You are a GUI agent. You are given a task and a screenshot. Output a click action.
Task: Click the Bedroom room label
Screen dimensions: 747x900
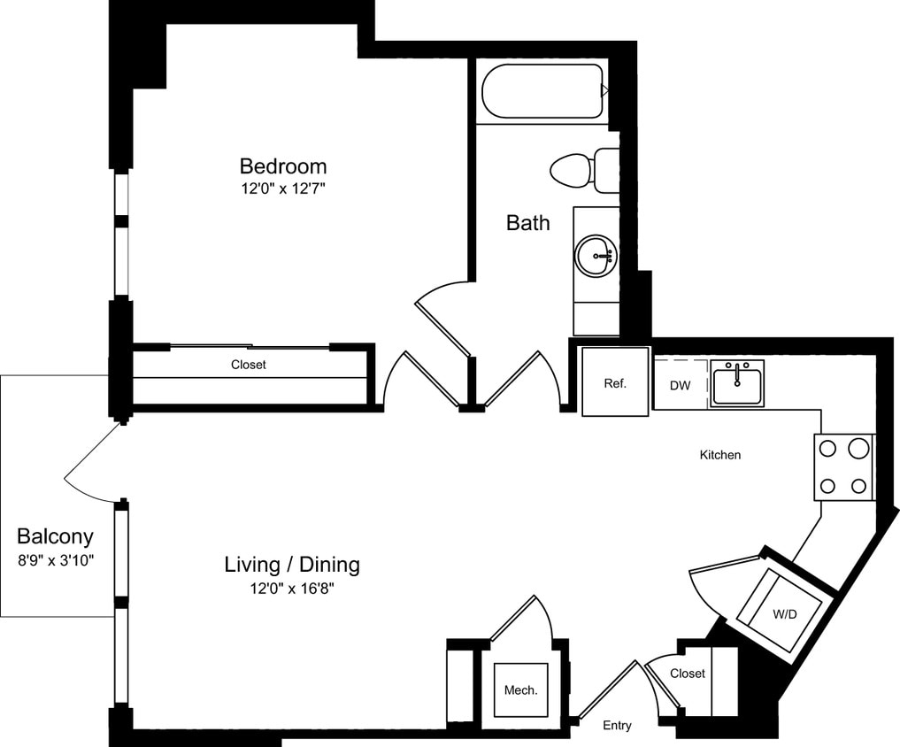(x=283, y=166)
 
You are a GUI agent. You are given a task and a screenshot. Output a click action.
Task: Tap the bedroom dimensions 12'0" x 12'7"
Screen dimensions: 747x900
(x=283, y=189)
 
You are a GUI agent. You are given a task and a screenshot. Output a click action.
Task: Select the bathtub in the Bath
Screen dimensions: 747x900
(x=542, y=91)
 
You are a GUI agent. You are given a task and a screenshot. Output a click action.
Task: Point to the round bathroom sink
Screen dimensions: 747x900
(x=596, y=257)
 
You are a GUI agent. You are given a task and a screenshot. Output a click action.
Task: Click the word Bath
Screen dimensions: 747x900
(x=527, y=223)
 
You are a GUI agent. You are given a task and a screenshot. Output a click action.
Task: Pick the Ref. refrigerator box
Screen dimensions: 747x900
(x=615, y=383)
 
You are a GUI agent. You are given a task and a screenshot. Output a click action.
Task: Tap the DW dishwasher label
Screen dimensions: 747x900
(x=681, y=386)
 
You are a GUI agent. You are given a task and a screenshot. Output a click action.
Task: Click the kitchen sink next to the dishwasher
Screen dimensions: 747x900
(x=737, y=383)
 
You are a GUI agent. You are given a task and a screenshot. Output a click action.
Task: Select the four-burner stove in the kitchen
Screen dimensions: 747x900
(x=844, y=467)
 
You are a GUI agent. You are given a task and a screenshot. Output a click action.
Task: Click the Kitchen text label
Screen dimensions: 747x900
(x=720, y=455)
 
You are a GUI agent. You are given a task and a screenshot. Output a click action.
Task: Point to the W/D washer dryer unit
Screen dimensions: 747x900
(x=784, y=612)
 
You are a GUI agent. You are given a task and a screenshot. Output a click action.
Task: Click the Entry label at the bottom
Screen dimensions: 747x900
(x=617, y=726)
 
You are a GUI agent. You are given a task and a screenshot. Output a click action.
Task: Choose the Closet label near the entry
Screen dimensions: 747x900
(x=688, y=674)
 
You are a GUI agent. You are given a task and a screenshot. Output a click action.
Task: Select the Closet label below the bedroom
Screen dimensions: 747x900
(x=249, y=365)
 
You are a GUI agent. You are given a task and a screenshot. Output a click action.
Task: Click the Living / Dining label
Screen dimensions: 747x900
(x=292, y=564)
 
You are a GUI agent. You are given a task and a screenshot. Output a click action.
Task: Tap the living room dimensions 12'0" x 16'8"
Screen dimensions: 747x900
(x=292, y=588)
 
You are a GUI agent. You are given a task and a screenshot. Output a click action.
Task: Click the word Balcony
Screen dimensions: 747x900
(x=55, y=536)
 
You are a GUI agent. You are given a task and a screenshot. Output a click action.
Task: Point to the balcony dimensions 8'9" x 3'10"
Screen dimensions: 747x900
(x=56, y=559)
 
